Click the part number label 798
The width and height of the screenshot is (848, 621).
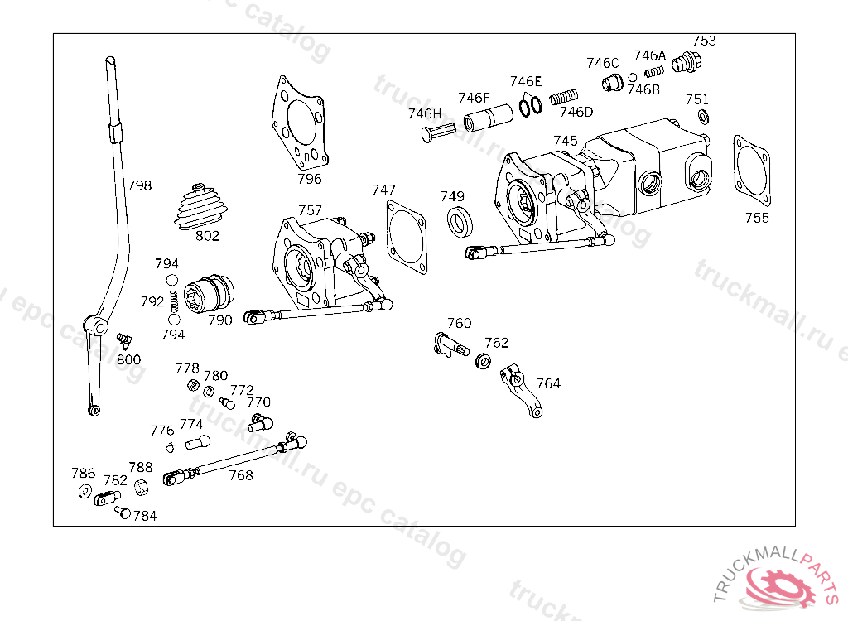[139, 185]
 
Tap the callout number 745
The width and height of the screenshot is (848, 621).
[566, 141]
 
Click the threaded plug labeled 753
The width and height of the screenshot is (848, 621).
[687, 61]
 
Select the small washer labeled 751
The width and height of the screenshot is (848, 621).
[703, 116]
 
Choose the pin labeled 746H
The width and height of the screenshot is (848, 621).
[439, 132]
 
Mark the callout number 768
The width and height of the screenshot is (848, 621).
[240, 475]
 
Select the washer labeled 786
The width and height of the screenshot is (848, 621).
[84, 493]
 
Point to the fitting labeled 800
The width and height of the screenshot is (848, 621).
[124, 340]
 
